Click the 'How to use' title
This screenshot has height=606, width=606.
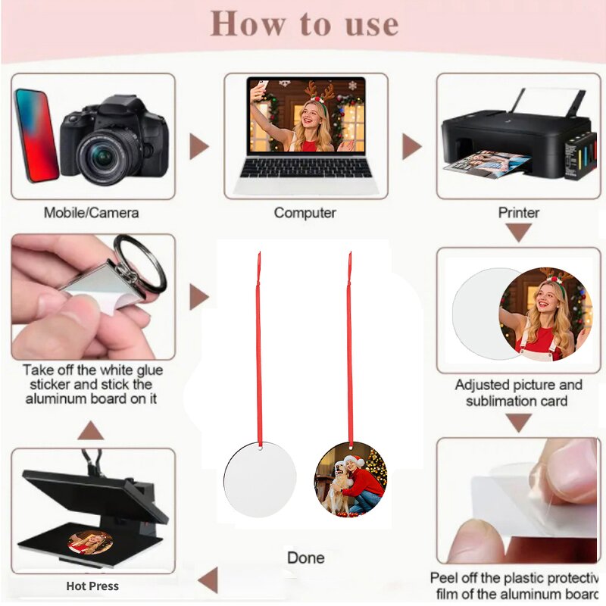(305, 23)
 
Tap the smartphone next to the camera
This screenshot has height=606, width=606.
(36, 136)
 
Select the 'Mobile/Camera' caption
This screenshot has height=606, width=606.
(91, 213)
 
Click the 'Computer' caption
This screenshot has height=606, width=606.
(305, 213)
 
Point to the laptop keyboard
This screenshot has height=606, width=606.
(306, 167)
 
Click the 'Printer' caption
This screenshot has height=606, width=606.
(519, 213)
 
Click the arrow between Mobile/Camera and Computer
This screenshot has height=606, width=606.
(198, 146)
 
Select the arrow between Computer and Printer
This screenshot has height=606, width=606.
(411, 146)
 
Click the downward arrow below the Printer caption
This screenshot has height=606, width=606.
(519, 233)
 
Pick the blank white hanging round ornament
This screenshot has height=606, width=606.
(260, 479)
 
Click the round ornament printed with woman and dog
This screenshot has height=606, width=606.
(351, 479)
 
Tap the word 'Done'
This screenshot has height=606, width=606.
(306, 558)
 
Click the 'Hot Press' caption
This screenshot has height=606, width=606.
(92, 586)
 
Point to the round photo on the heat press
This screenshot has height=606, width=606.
(90, 542)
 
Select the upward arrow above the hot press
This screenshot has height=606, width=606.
(91, 430)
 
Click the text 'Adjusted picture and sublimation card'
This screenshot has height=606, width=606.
(518, 392)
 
